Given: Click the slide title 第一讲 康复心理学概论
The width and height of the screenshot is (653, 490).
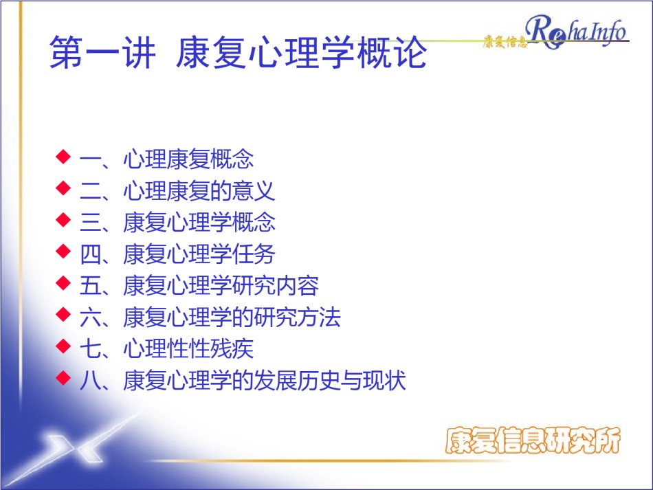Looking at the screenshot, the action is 239,52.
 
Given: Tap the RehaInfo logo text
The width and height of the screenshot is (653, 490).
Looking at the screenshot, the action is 577,31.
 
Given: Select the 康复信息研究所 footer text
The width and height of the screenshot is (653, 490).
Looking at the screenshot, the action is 533,440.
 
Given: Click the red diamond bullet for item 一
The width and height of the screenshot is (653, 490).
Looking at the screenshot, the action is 63,157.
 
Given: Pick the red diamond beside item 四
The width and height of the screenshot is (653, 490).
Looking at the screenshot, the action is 63,251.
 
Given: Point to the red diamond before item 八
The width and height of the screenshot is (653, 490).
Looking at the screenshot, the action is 63,377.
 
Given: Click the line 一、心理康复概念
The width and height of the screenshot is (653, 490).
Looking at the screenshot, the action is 166,159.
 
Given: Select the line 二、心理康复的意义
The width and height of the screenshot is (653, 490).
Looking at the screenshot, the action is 177,190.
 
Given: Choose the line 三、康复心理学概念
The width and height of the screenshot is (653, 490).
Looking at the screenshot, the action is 177,222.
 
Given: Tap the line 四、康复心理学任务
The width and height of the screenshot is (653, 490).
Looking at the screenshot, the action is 177,254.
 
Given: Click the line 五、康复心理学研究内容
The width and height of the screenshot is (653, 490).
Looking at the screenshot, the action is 199,286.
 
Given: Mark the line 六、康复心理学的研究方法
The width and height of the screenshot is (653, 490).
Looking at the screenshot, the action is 210,318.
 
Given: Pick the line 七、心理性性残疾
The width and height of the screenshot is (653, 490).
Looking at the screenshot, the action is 166,349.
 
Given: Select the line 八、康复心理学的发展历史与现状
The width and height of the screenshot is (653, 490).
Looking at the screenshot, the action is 243,381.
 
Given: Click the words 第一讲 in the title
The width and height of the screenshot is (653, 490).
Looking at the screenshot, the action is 102,52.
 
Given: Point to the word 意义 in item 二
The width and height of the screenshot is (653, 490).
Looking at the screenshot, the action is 254,190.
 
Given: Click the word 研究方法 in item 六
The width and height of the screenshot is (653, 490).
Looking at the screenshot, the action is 298,318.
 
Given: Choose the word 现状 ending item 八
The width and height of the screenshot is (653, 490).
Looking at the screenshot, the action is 384,381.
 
